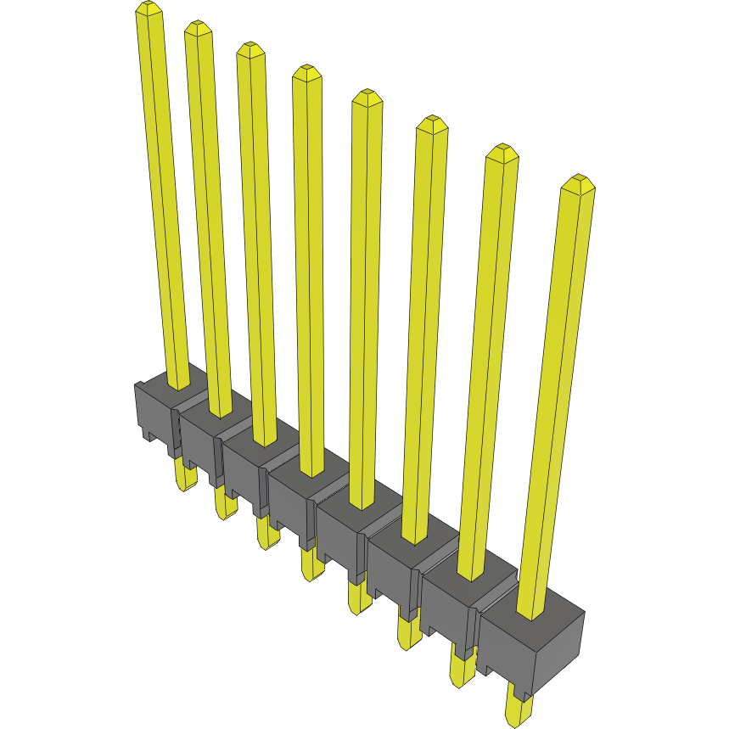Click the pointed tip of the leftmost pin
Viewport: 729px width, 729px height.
tap(149, 8)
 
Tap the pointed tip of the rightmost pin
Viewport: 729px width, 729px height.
tap(580, 181)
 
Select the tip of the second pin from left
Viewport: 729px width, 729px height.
tap(197, 26)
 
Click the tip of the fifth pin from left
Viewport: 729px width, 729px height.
tap(367, 95)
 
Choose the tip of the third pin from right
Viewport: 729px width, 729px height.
tap(431, 122)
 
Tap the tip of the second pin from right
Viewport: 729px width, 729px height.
tap(502, 151)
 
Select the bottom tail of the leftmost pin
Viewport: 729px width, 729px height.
tap(186, 477)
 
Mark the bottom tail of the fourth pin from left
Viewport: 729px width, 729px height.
tap(311, 567)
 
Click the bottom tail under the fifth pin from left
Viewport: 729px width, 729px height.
tap(358, 600)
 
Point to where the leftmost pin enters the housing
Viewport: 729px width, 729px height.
tap(177, 385)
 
